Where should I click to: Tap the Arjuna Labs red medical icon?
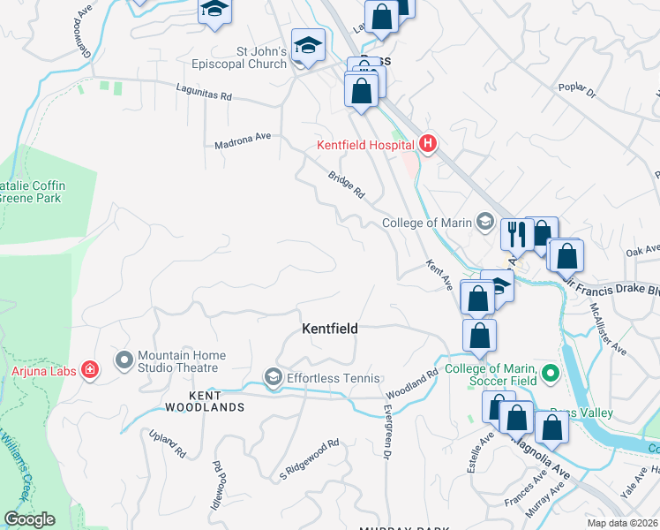(x=89, y=369)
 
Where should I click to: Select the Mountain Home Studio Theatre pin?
(x=123, y=360)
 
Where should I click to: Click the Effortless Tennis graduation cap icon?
(x=273, y=378)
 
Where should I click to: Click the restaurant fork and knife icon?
(x=516, y=234)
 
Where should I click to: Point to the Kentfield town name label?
(x=330, y=329)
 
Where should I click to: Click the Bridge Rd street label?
(x=347, y=184)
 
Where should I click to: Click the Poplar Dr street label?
(x=578, y=90)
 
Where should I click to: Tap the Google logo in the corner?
(x=29, y=519)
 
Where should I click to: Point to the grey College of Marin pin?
(x=484, y=222)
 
